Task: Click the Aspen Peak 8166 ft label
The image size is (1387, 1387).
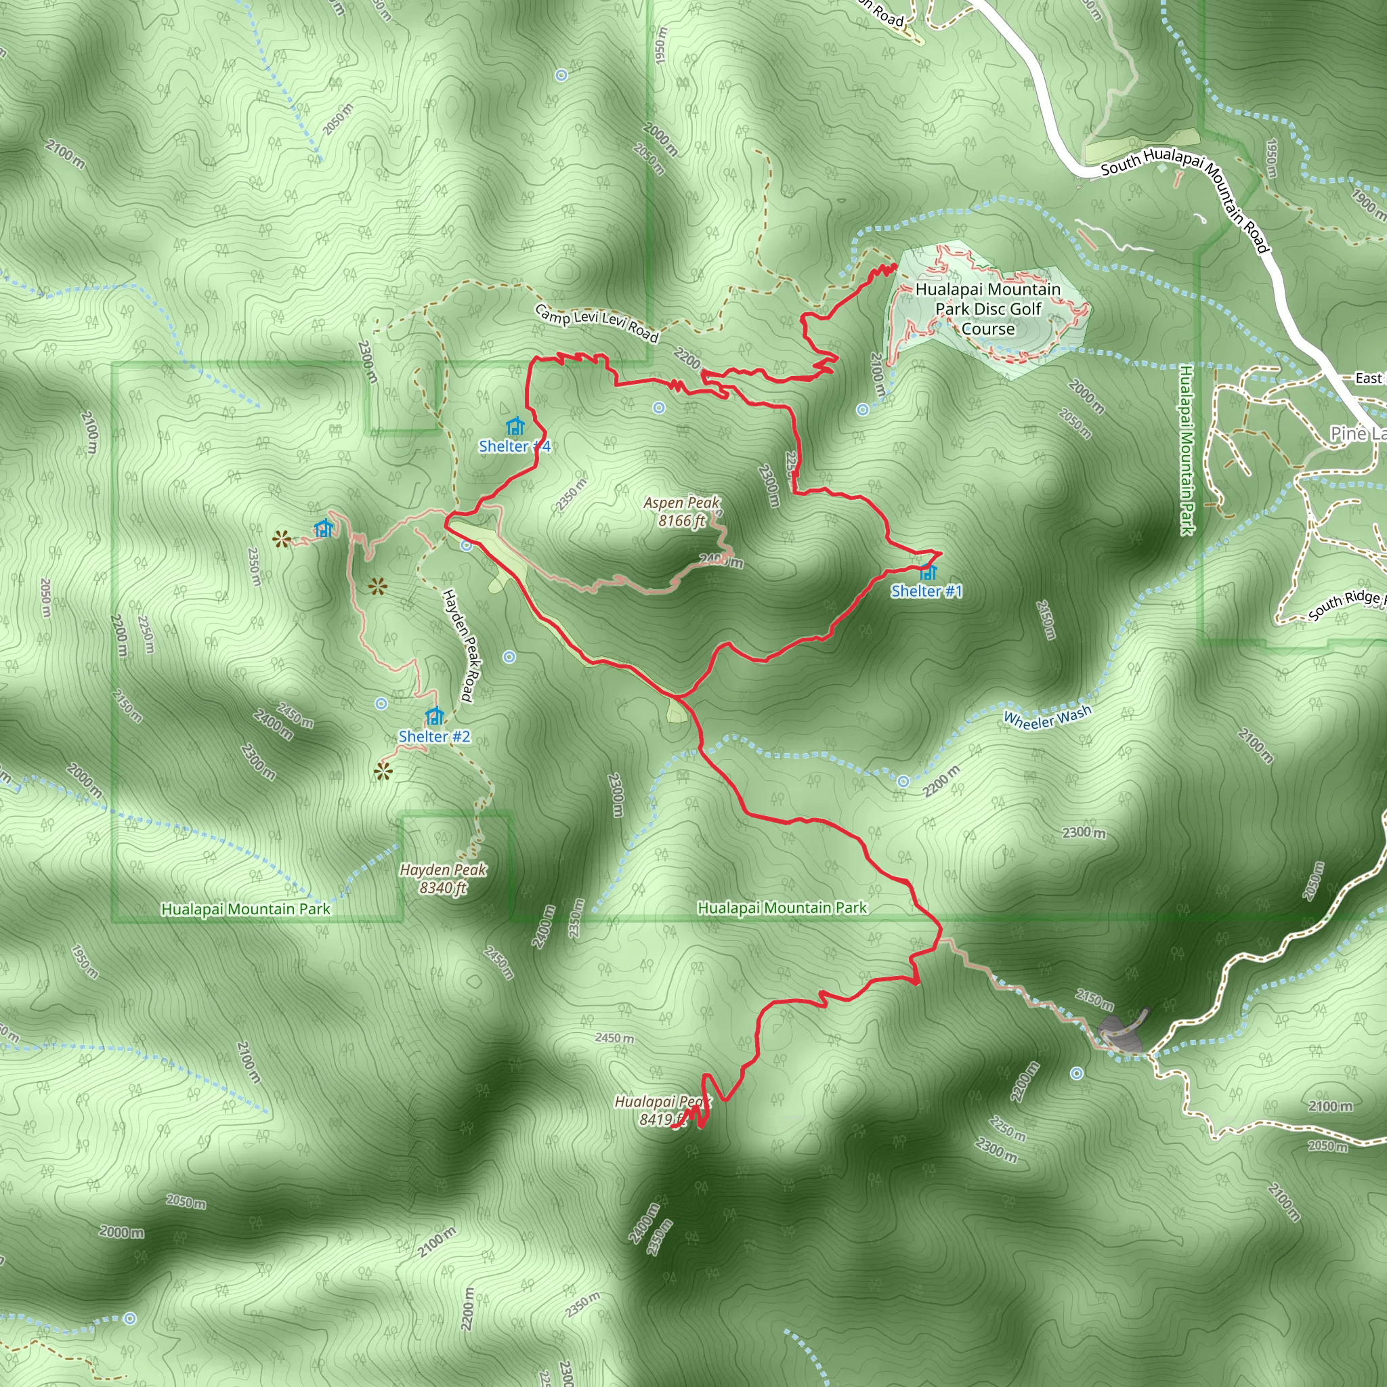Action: click(681, 511)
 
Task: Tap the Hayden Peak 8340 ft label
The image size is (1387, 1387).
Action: click(443, 878)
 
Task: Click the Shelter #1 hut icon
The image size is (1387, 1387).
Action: click(929, 572)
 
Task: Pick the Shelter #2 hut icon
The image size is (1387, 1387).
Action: click(434, 717)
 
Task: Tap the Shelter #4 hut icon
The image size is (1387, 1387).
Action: click(515, 427)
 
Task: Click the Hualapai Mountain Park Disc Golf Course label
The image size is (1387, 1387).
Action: click(988, 309)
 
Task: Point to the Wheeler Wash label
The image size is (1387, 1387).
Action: click(1047, 717)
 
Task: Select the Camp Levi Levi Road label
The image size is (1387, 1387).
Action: click(597, 323)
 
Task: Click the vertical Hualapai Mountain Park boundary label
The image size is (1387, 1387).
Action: click(1186, 450)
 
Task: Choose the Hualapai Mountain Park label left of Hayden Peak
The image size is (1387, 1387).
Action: click(246, 909)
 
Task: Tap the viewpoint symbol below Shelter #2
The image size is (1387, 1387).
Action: click(383, 773)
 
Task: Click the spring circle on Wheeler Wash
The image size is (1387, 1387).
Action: click(903, 781)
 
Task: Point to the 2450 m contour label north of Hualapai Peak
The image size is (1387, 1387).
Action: click(614, 1038)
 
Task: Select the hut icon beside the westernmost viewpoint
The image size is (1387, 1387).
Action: click(324, 529)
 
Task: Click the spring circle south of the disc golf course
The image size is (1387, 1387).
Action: click(862, 409)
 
